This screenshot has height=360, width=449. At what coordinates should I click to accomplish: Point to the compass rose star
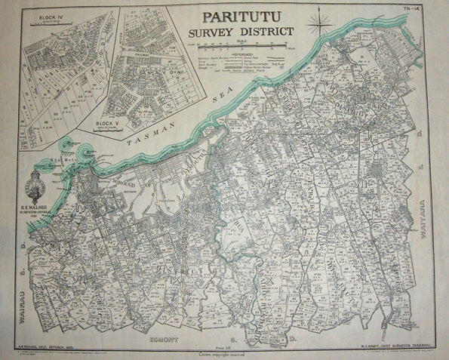[x=325, y=28]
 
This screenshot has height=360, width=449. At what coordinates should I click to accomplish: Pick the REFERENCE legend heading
[x=243, y=55]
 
